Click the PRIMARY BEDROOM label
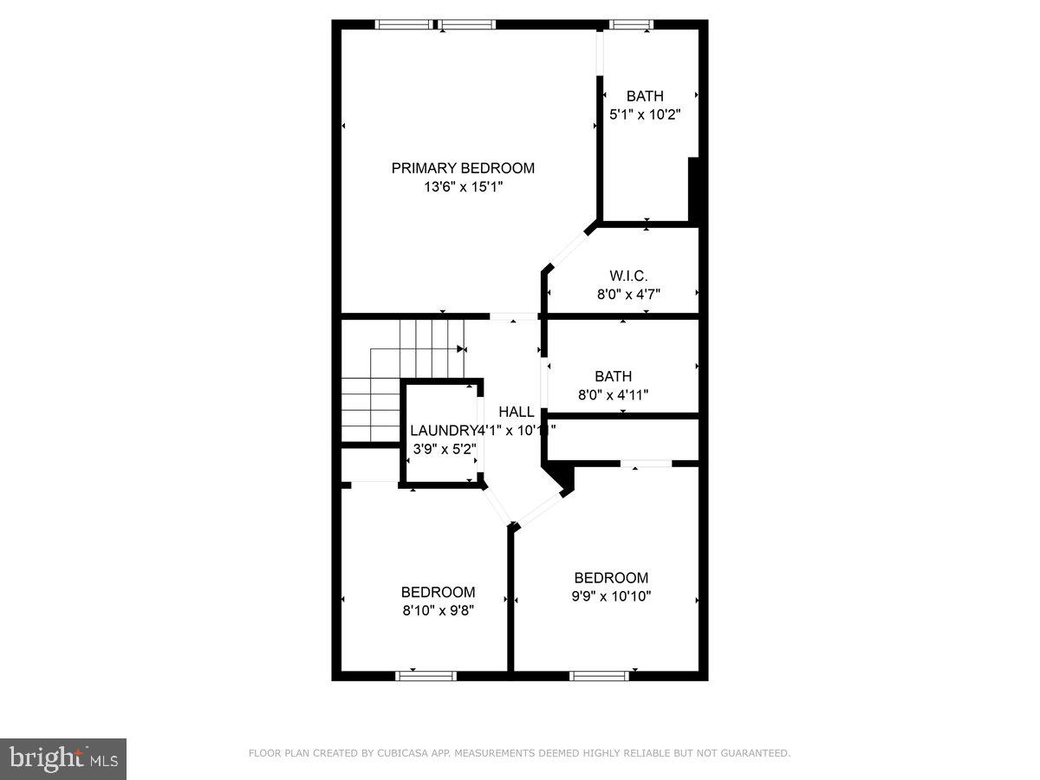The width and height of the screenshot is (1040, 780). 463,168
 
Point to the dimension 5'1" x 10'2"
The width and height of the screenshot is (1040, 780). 645,114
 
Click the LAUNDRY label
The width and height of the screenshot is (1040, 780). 443,431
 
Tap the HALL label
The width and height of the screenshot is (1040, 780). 516,412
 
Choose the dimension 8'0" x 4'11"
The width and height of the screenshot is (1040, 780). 613,395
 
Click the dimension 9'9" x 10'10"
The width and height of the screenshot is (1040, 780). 611,596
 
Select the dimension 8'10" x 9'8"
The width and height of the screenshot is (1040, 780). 438,610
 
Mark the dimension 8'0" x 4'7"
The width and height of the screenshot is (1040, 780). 628,295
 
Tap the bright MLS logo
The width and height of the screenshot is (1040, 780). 63,759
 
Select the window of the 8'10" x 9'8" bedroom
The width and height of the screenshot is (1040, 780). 426,675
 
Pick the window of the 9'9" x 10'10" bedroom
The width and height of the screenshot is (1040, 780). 599,675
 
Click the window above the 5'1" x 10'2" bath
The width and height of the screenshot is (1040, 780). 632,24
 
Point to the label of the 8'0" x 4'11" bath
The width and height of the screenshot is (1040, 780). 613,377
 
